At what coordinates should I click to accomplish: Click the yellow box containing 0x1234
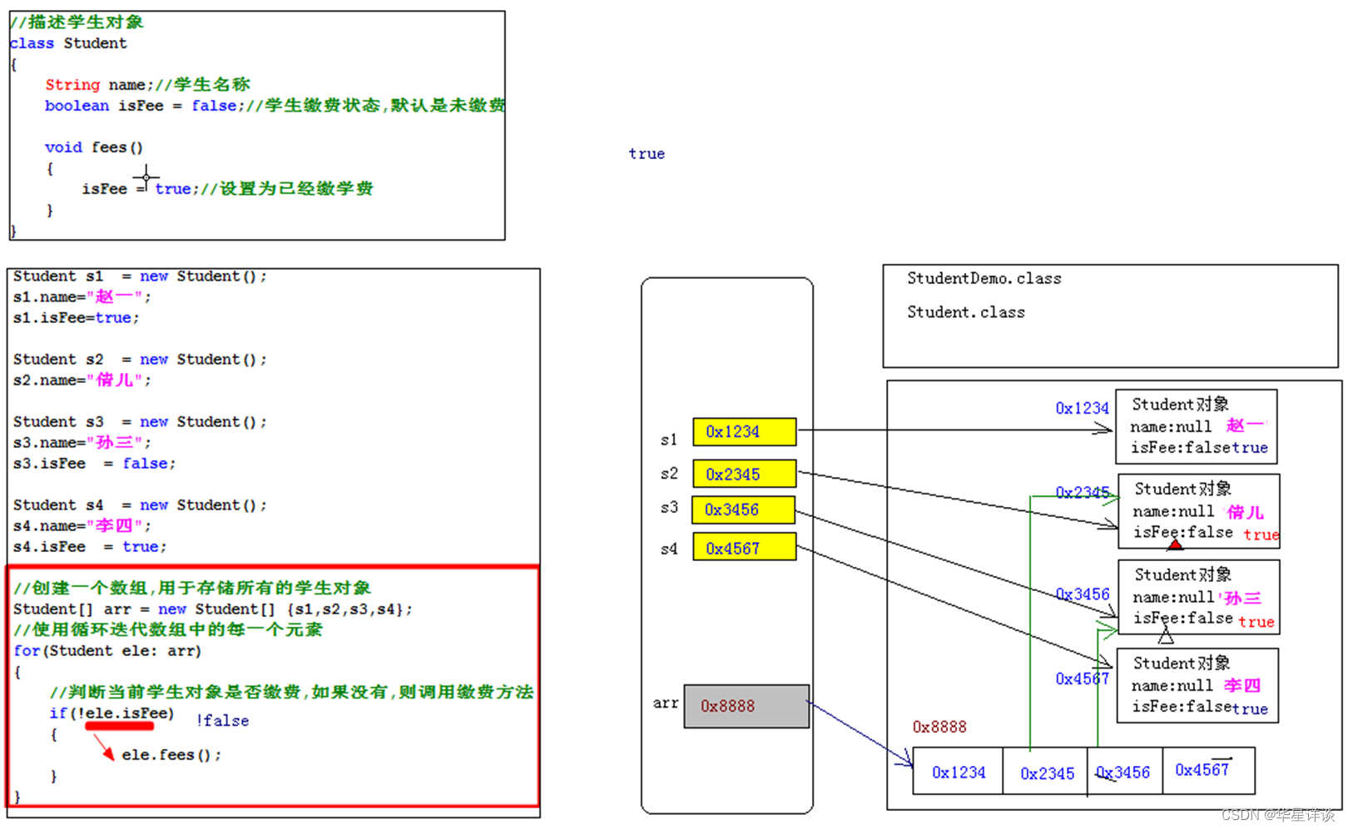744,431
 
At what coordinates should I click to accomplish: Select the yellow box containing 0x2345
744,475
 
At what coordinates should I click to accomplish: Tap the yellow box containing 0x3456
743,509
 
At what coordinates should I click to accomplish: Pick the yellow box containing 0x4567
744,548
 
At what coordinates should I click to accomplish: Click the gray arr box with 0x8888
746,706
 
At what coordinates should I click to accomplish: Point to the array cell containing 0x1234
958,772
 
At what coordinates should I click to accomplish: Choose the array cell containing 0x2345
1046,773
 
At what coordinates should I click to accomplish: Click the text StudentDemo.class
984,279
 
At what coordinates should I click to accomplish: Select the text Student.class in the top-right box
965,312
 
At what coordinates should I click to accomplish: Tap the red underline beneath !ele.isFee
120,727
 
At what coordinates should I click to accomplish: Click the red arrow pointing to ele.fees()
105,748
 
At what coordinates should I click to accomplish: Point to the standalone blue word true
647,154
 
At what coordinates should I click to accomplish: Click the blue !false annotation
222,721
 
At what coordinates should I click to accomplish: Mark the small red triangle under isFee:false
1175,545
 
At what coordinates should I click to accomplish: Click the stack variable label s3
669,508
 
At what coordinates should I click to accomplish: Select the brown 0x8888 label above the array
939,727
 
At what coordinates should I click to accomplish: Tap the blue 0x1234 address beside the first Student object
1082,408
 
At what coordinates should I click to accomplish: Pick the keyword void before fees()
63,147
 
